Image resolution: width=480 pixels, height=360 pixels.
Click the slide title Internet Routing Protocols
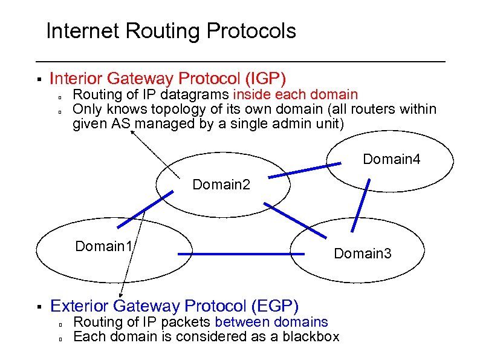(x=171, y=31)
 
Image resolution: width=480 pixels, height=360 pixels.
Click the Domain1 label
(x=104, y=246)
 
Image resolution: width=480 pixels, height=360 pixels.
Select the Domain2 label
(x=221, y=184)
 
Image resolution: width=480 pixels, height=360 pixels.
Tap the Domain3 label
(x=363, y=254)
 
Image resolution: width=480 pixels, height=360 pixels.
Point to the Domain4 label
(x=391, y=160)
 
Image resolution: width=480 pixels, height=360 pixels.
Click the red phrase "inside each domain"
(x=296, y=94)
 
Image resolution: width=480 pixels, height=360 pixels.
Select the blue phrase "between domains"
(x=271, y=322)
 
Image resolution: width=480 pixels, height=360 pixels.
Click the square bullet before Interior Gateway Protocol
(x=38, y=79)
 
